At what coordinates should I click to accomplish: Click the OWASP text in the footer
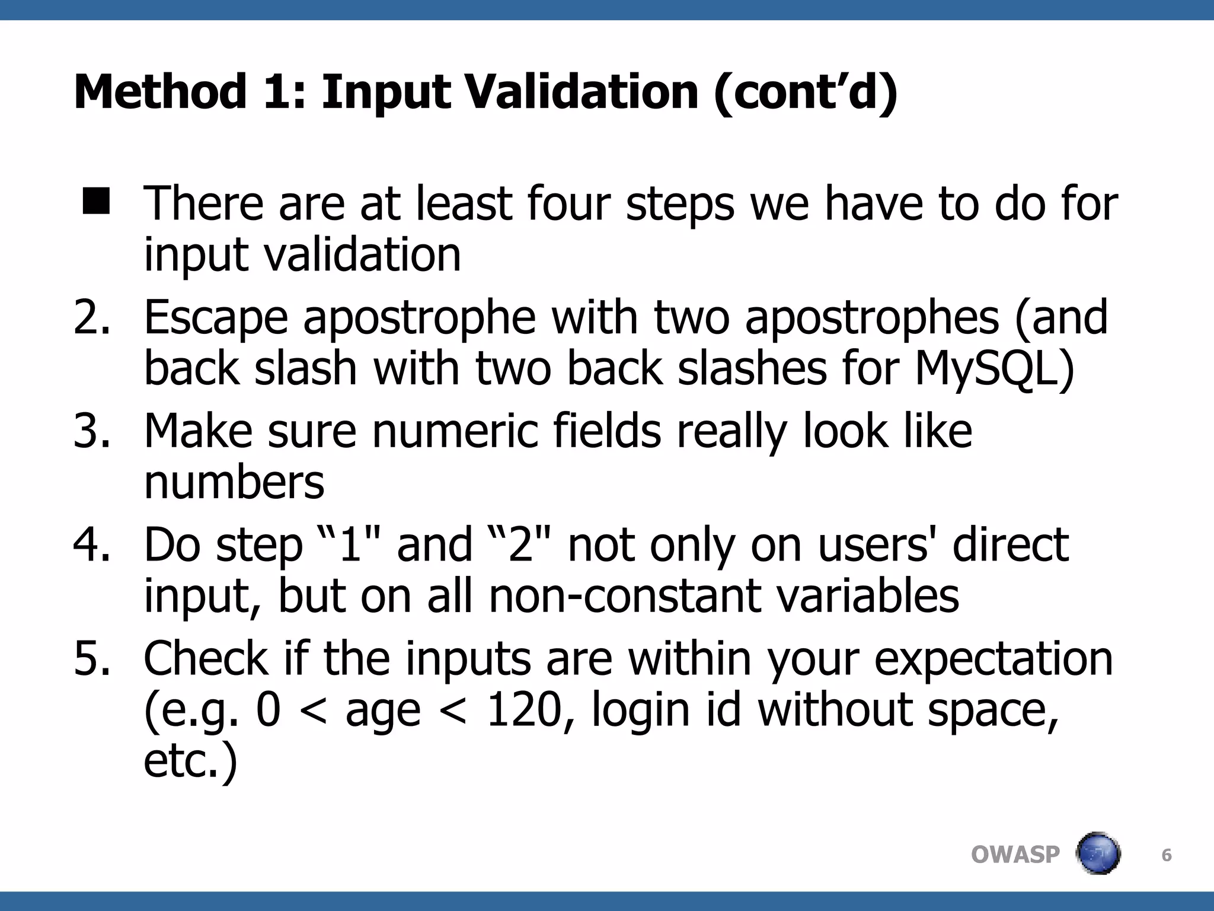click(x=1015, y=855)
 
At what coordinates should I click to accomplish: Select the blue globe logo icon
click(x=1098, y=853)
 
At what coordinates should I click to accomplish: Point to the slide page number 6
click(x=1166, y=855)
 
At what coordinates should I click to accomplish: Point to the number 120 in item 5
click(x=523, y=710)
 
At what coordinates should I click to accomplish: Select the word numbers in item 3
click(x=234, y=482)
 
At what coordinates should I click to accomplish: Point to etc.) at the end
click(x=190, y=762)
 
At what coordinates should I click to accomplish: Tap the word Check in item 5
click(x=206, y=658)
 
